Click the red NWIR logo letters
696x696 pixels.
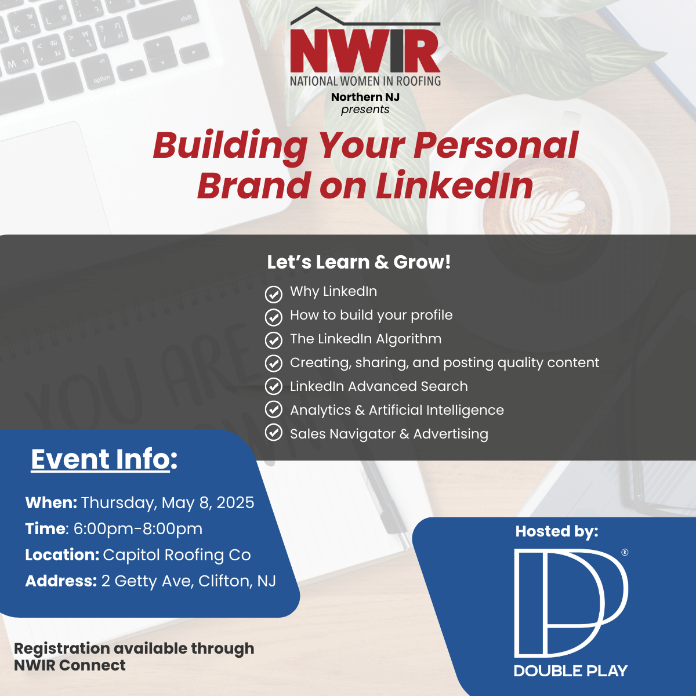tap(365, 51)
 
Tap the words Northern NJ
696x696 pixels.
tap(365, 97)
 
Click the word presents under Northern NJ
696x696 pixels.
tap(365, 110)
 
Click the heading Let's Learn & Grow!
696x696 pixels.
tap(358, 262)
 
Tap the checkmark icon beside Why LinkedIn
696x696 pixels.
tap(273, 294)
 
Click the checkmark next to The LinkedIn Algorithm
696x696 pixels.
tap(273, 340)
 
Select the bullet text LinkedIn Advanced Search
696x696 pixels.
tap(379, 386)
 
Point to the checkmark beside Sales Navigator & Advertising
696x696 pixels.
tap(273, 433)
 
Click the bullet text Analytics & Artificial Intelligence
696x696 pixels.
tap(397, 410)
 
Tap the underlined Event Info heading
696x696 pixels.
tap(104, 459)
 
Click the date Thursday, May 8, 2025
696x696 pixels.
tap(168, 503)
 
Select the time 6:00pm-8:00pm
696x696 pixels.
tap(138, 529)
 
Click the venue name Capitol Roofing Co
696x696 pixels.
tap(177, 555)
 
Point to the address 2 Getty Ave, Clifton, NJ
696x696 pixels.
tap(188, 581)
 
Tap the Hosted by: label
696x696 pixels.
tap(557, 531)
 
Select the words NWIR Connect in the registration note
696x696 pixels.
tap(70, 665)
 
